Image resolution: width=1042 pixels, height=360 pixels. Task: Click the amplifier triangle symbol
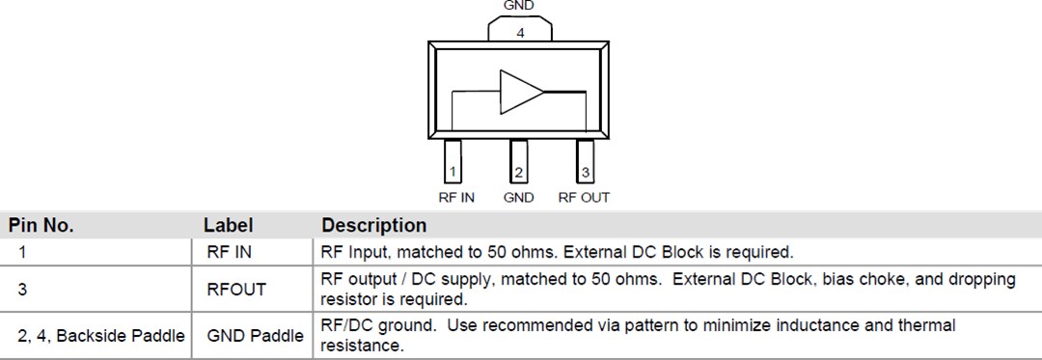tap(521, 92)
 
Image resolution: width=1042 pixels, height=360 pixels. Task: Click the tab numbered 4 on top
tap(520, 30)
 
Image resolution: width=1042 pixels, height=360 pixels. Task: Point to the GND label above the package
tap(519, 5)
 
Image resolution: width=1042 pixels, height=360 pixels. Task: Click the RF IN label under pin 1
tap(455, 198)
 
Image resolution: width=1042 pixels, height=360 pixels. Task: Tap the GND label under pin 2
tap(519, 198)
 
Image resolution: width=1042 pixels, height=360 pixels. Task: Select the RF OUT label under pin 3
tap(584, 198)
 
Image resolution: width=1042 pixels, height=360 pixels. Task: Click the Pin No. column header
tap(41, 226)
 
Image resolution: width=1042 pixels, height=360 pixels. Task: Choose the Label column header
tap(229, 226)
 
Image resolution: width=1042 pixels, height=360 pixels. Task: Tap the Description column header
tap(374, 226)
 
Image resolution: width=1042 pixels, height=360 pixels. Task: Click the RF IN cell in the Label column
tap(228, 253)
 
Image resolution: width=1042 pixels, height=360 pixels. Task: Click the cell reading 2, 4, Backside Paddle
tap(100, 335)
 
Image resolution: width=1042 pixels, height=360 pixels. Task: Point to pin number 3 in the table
tap(21, 289)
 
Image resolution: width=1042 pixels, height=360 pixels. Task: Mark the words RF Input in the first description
tap(349, 253)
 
